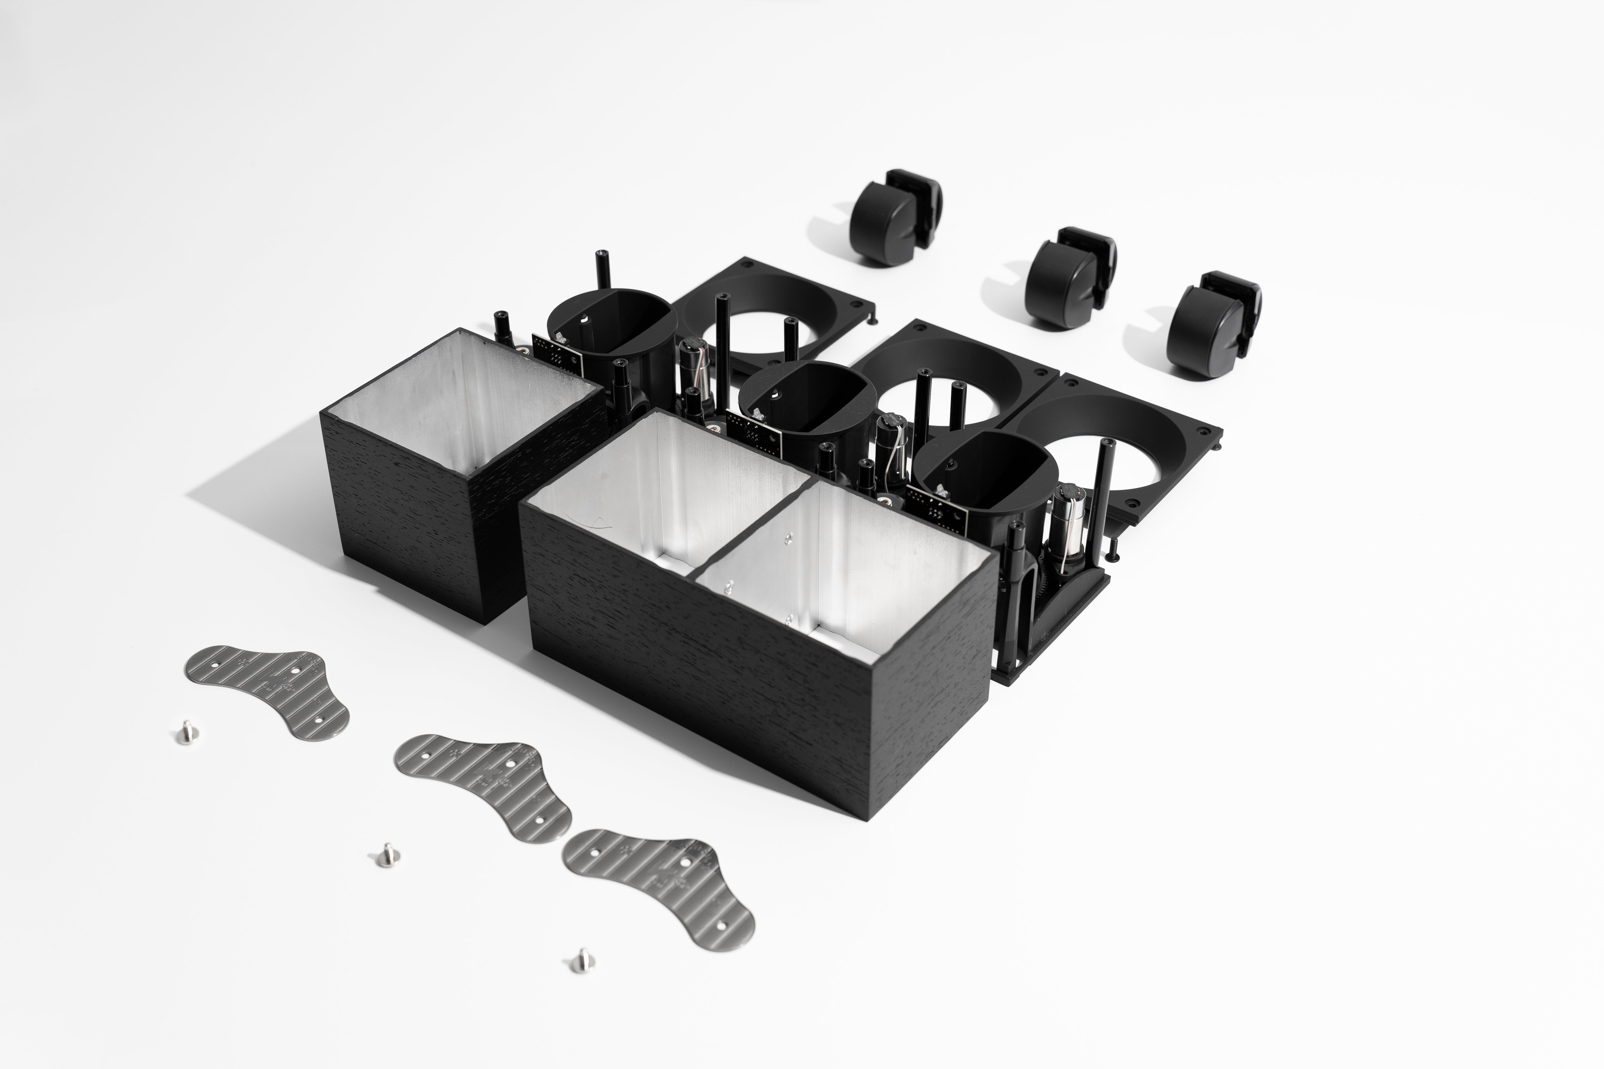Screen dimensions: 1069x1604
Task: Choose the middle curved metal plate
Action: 484,784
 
